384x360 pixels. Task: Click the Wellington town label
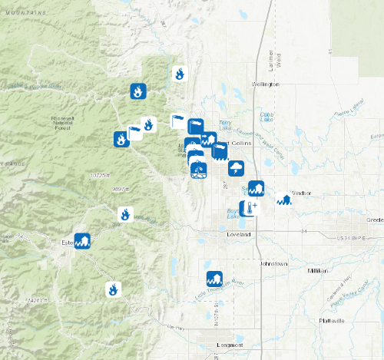tap(263, 84)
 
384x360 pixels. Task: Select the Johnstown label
tap(273, 263)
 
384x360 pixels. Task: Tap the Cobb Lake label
tap(267, 117)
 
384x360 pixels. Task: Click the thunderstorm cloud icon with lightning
tap(236, 167)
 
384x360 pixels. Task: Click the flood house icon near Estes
tap(82, 241)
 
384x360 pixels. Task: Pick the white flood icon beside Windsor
tap(285, 200)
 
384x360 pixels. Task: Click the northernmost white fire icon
tap(179, 74)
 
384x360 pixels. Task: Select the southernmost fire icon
tap(114, 289)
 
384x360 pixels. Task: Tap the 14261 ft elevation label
tap(36, 299)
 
